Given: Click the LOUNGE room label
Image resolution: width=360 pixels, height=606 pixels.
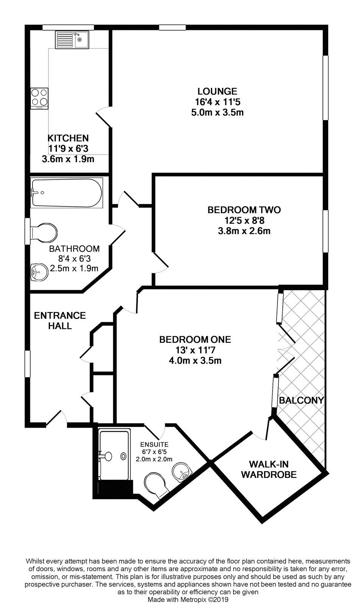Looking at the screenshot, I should pyautogui.click(x=217, y=91).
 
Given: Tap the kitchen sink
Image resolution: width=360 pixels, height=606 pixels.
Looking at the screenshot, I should pyautogui.click(x=73, y=40).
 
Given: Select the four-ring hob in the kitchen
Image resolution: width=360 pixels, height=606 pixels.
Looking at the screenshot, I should pyautogui.click(x=39, y=97).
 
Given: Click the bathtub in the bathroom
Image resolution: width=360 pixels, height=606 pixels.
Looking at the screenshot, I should pyautogui.click(x=67, y=193).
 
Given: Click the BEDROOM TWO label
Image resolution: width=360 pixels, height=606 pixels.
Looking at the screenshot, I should pyautogui.click(x=244, y=210).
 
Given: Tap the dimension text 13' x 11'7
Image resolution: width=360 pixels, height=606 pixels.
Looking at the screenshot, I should pyautogui.click(x=195, y=350).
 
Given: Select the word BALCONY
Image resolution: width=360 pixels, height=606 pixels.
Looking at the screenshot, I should pyautogui.click(x=301, y=400).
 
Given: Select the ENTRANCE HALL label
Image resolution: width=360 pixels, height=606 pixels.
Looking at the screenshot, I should pyautogui.click(x=60, y=320).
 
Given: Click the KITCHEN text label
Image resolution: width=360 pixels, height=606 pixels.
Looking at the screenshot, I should pyautogui.click(x=68, y=138).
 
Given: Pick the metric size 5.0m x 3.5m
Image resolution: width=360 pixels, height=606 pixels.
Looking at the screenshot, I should pyautogui.click(x=217, y=112).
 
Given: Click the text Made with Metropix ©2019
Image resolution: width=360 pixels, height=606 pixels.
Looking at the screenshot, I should pyautogui.click(x=188, y=600).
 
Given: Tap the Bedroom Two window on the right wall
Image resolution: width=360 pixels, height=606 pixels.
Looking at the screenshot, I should pyautogui.click(x=325, y=231).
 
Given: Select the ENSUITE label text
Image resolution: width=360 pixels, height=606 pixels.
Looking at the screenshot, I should pyautogui.click(x=154, y=444).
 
